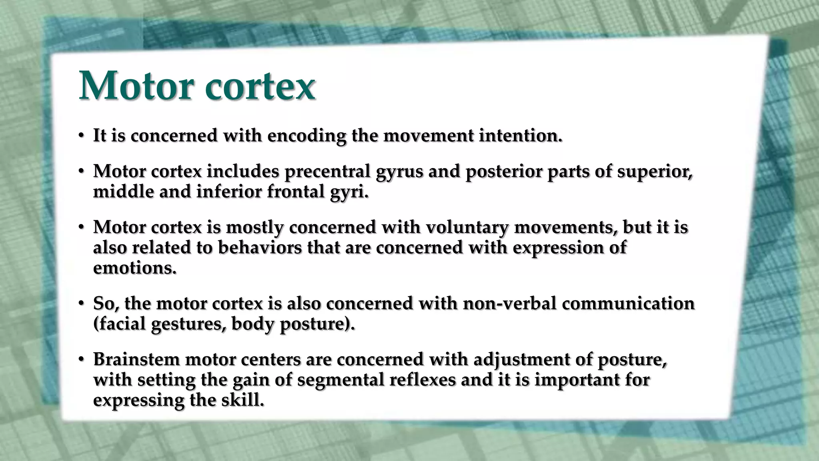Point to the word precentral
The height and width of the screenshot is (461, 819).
pos(327,172)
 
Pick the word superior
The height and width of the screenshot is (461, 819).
pos(655,172)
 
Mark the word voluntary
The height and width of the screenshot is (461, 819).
pos(467,227)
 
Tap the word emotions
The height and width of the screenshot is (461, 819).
pos(134,268)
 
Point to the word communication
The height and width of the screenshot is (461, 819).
pos(628,303)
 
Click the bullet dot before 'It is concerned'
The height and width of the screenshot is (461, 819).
pos(81,136)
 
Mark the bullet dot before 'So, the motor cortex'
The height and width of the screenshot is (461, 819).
pos(81,304)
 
